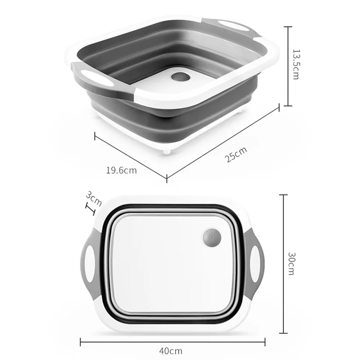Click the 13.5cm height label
point(296,64)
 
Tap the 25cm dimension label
point(236,154)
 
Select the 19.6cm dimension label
point(121,170)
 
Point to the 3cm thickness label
point(94,199)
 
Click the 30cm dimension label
point(291,264)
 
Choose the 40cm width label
point(171,351)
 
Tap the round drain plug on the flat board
point(211,238)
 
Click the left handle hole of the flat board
point(90,264)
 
